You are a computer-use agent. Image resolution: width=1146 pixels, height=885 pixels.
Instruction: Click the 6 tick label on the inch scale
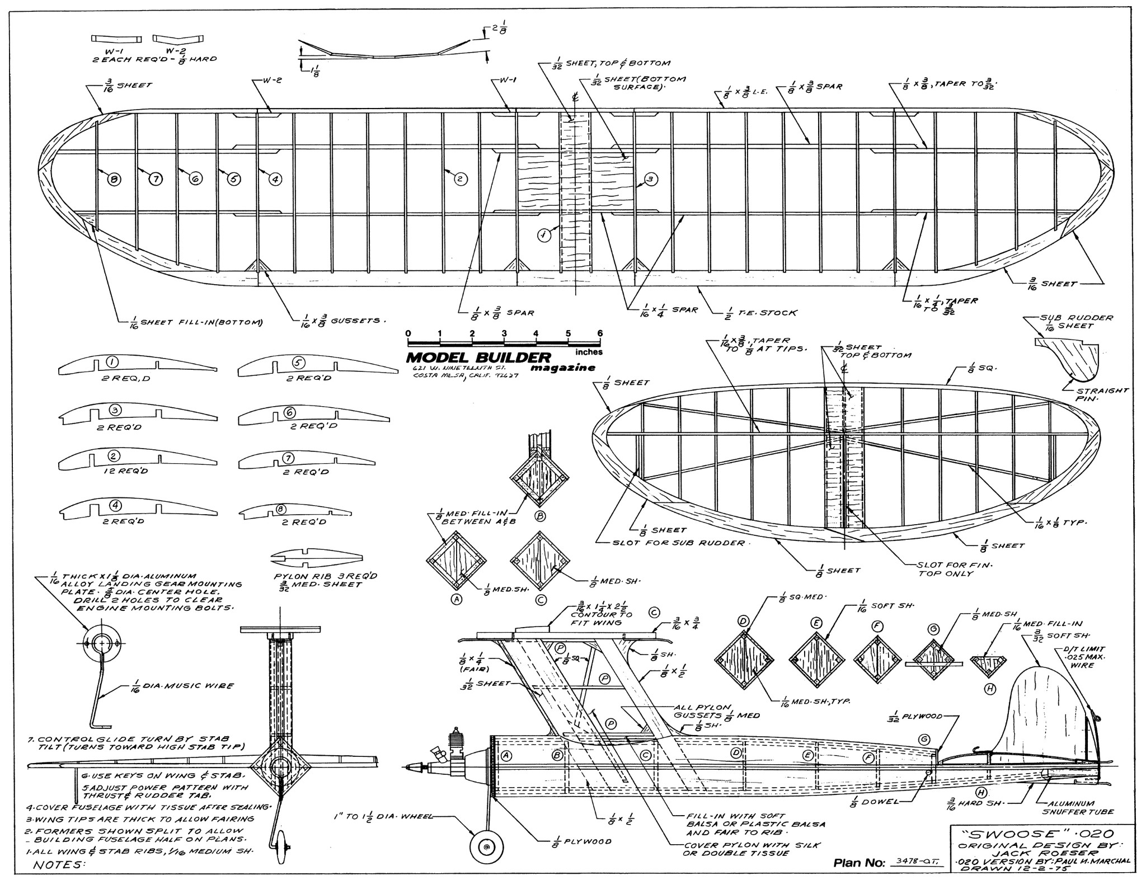pyautogui.click(x=600, y=334)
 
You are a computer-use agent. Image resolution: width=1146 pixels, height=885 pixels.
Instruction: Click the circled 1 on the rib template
pyautogui.click(x=112, y=362)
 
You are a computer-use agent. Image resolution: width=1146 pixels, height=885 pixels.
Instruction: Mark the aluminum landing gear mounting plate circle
pyautogui.click(x=101, y=643)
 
